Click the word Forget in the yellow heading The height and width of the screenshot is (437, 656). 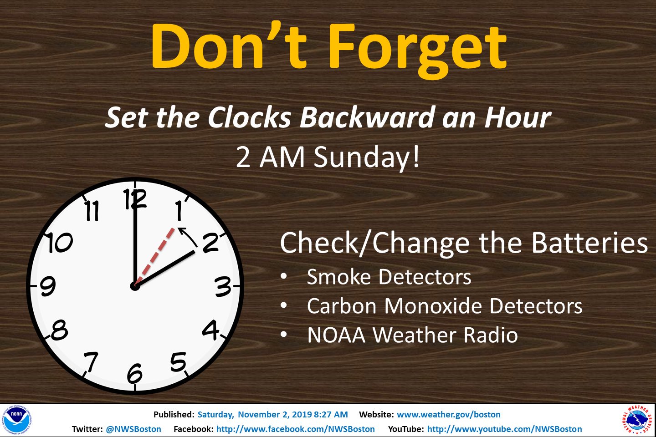pyautogui.click(x=418, y=49)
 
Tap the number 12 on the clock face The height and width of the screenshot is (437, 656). pyautogui.click(x=135, y=199)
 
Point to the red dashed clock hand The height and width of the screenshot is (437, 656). pyautogui.click(x=154, y=256)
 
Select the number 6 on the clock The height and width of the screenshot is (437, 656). pyautogui.click(x=135, y=373)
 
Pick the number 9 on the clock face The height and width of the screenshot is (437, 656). pyautogui.click(x=48, y=286)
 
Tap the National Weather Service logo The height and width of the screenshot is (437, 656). pyautogui.click(x=638, y=420)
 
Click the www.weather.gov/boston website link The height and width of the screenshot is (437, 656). pyautogui.click(x=449, y=414)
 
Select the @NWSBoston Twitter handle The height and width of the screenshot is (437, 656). pyautogui.click(x=133, y=429)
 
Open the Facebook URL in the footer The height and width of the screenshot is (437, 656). pyautogui.click(x=296, y=429)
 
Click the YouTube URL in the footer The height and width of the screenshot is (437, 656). pyautogui.click(x=505, y=429)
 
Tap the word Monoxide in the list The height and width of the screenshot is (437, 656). pyautogui.click(x=433, y=306)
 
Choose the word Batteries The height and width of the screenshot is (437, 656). pyautogui.click(x=589, y=243)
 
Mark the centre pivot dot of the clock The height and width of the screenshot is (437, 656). pyautogui.click(x=135, y=286)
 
